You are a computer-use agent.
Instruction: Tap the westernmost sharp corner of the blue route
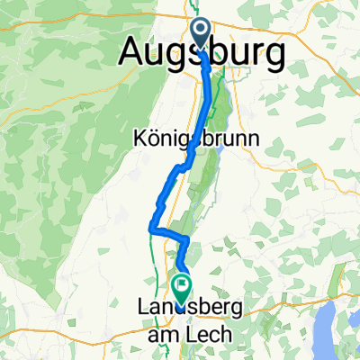click(148, 230)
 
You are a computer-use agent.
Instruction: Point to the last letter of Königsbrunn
click(254, 140)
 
